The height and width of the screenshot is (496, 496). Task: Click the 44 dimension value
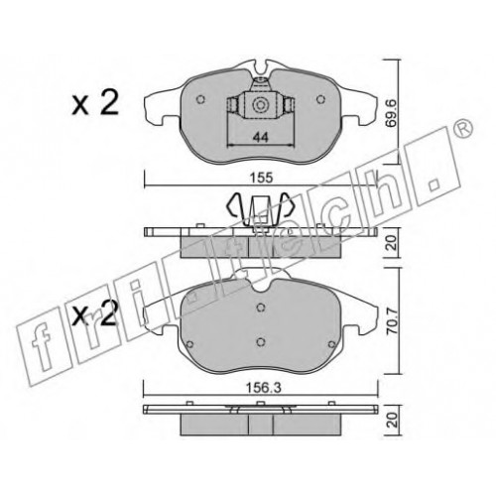pyautogui.click(x=260, y=137)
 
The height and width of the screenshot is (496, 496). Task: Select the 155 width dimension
pyautogui.click(x=261, y=178)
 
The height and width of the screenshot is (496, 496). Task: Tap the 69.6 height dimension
pyautogui.click(x=393, y=114)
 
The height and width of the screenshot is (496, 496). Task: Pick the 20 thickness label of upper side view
pyautogui.click(x=393, y=243)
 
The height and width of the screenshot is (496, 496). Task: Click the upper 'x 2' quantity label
pyautogui.click(x=95, y=102)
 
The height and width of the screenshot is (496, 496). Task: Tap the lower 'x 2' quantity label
pyautogui.click(x=95, y=312)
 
